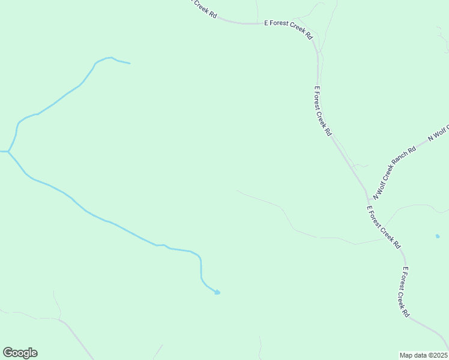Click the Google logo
(x=20, y=353)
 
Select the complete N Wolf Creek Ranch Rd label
(x=394, y=174)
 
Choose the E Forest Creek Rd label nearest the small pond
(x=384, y=227)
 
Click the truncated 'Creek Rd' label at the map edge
(x=203, y=7)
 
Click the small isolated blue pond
(x=437, y=236)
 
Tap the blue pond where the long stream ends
(x=217, y=292)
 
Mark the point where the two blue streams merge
(x=8, y=151)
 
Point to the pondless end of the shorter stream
(x=129, y=63)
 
